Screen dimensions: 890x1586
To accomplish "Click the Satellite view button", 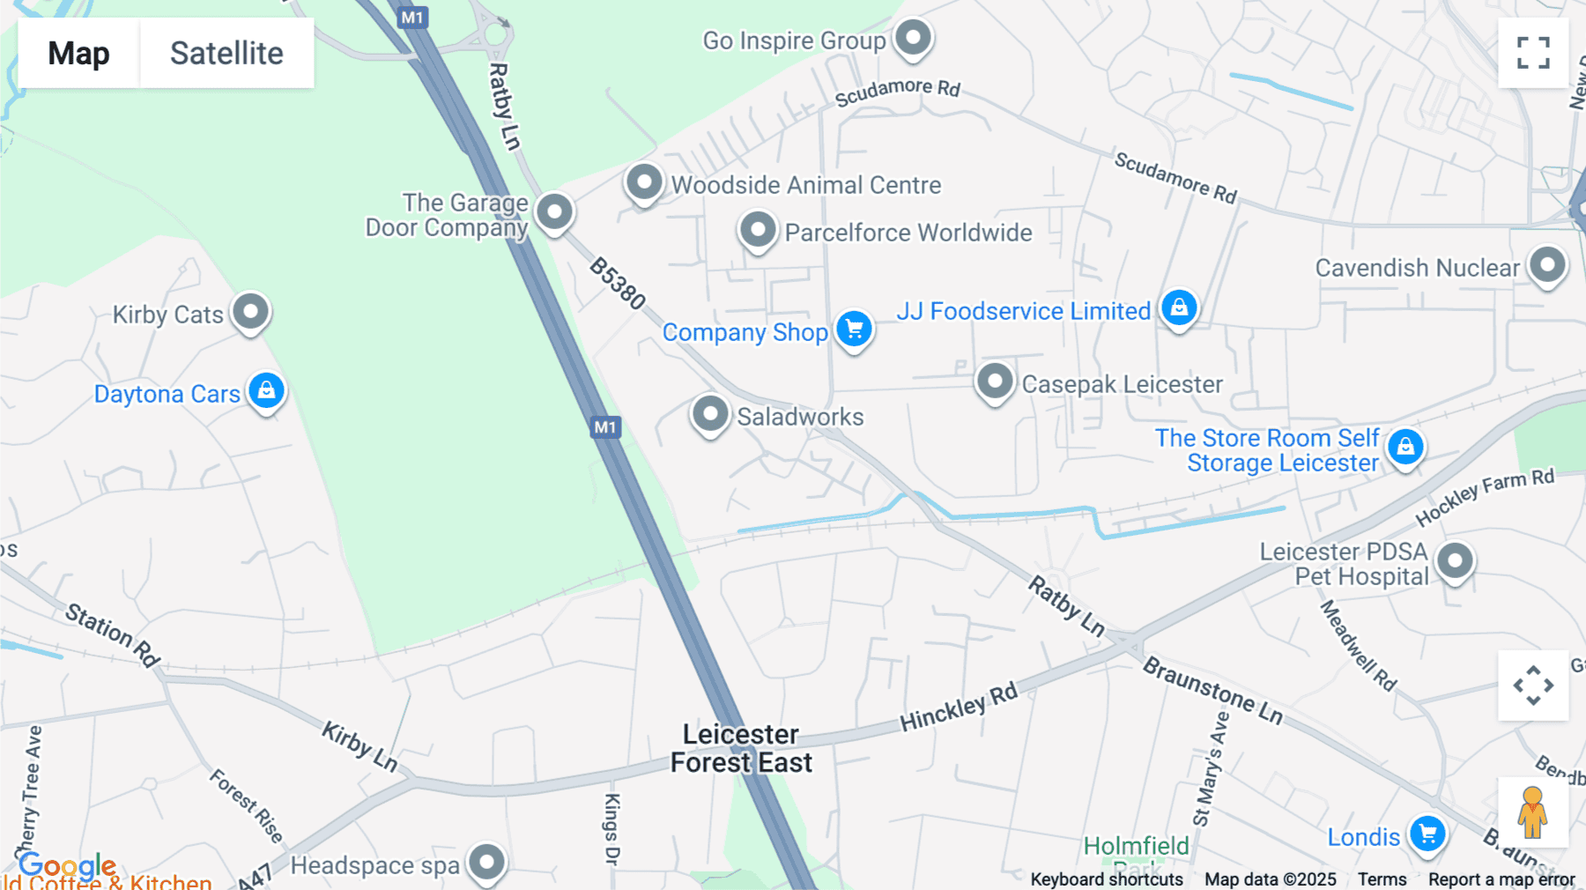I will tap(226, 53).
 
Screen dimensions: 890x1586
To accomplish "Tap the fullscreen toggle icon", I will tap(1533, 53).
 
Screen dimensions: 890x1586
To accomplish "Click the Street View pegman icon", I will tap(1532, 812).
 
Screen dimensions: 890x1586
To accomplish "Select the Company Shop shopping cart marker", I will tap(854, 330).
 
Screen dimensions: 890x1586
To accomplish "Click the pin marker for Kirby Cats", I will tap(251, 312).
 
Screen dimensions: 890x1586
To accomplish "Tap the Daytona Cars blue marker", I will tap(266, 390).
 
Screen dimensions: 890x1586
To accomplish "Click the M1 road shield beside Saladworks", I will tap(605, 427).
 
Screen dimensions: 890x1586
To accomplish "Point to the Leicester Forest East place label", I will tap(741, 748).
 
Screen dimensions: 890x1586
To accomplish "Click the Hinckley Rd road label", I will tap(958, 707).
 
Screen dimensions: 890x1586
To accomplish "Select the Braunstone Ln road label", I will tap(1212, 691).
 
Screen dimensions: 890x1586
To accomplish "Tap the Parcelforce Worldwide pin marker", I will tap(758, 231).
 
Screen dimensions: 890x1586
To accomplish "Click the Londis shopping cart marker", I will tap(1427, 834).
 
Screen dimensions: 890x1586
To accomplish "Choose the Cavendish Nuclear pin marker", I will tap(1547, 265).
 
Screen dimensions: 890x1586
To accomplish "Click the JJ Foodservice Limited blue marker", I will tap(1179, 308).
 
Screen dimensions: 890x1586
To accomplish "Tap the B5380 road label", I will tap(618, 283).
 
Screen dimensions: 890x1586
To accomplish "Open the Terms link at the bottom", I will tap(1382, 879).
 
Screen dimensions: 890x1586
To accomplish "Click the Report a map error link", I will tap(1501, 879).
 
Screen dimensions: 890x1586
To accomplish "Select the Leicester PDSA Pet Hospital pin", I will tap(1455, 561).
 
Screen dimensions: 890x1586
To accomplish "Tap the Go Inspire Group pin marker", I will tap(913, 39).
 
